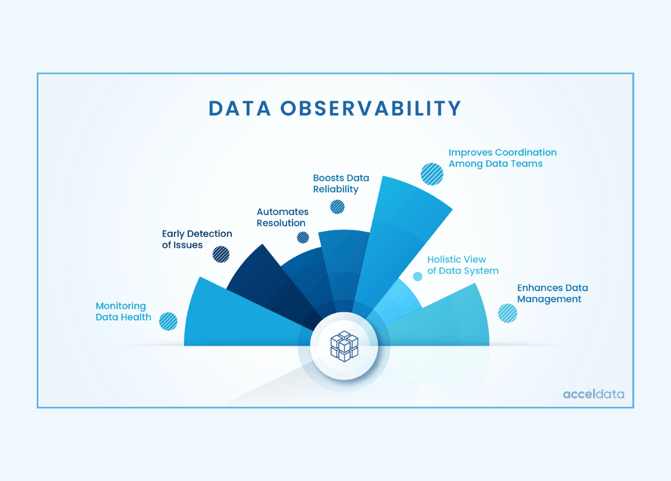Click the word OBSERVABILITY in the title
tap(370, 108)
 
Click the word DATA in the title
tap(240, 108)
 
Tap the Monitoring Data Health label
tap(124, 311)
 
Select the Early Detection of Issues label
tap(197, 239)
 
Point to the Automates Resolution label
tap(283, 218)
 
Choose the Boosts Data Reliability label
tap(336, 183)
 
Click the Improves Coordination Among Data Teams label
tap(503, 158)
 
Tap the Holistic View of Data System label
tap(463, 265)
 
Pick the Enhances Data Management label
tap(552, 293)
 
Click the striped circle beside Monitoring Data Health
tap(168, 321)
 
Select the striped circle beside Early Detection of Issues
tap(221, 254)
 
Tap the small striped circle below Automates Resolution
tap(303, 237)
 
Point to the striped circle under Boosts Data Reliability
tap(337, 207)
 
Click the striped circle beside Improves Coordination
tap(432, 174)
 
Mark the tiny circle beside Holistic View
tap(418, 277)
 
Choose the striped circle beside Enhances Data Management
tap(508, 313)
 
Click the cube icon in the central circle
tap(344, 346)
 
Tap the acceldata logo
tap(593, 394)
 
